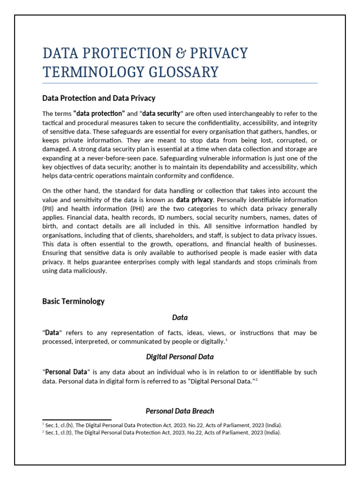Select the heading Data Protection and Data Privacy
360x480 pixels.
pos(98,98)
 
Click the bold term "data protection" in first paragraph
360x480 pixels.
pos(99,113)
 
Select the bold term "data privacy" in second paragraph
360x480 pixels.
pos(194,200)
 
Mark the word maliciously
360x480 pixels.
pos(88,271)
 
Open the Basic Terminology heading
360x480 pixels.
pos(73,301)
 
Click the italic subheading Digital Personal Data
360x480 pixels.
pos(180,357)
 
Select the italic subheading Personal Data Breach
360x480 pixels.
pos(180,411)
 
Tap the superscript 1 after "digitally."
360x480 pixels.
pos(226,340)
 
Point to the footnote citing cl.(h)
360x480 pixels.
pos(162,425)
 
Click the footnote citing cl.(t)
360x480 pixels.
pos(162,433)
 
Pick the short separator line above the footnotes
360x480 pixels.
pos(77,420)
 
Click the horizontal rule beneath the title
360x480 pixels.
pos(180,83)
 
